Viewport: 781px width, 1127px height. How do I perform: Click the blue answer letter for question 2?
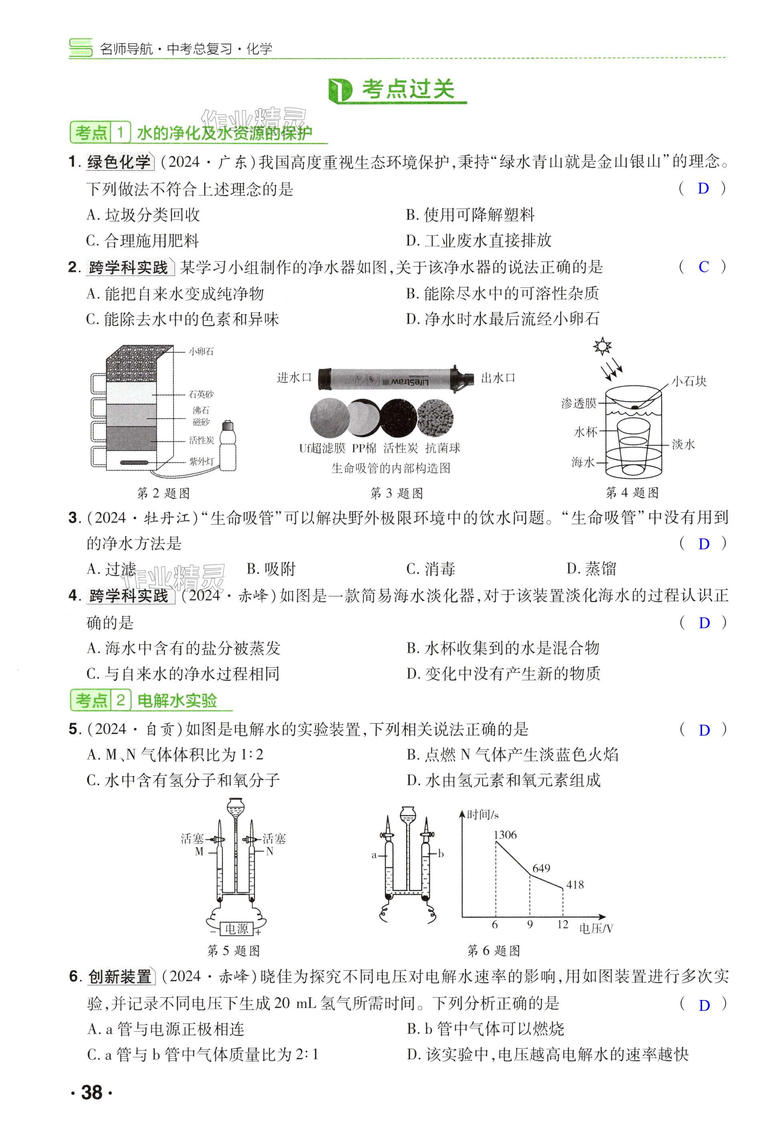point(703,267)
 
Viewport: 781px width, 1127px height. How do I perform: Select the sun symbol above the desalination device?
point(602,346)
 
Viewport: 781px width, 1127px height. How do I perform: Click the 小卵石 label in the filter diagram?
point(201,351)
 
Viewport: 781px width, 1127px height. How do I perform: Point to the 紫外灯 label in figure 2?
point(201,462)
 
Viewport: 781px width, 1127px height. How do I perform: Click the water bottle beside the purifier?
point(227,446)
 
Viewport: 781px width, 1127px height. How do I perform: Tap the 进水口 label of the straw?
point(294,377)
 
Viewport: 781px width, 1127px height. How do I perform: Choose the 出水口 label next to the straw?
point(498,377)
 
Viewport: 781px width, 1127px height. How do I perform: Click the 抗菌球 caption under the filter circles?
point(443,448)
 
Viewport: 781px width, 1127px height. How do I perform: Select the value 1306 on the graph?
point(505,835)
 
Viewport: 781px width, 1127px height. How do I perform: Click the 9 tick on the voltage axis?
point(529,924)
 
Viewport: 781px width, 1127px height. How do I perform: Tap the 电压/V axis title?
point(596,928)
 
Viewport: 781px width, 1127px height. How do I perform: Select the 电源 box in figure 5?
point(236,928)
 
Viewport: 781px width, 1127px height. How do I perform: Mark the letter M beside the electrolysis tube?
point(199,851)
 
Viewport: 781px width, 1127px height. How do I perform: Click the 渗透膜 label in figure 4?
point(579,403)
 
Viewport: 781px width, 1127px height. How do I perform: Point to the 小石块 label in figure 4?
point(688,381)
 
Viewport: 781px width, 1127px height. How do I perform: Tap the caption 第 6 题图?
point(493,951)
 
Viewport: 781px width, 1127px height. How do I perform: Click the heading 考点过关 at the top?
point(408,90)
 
